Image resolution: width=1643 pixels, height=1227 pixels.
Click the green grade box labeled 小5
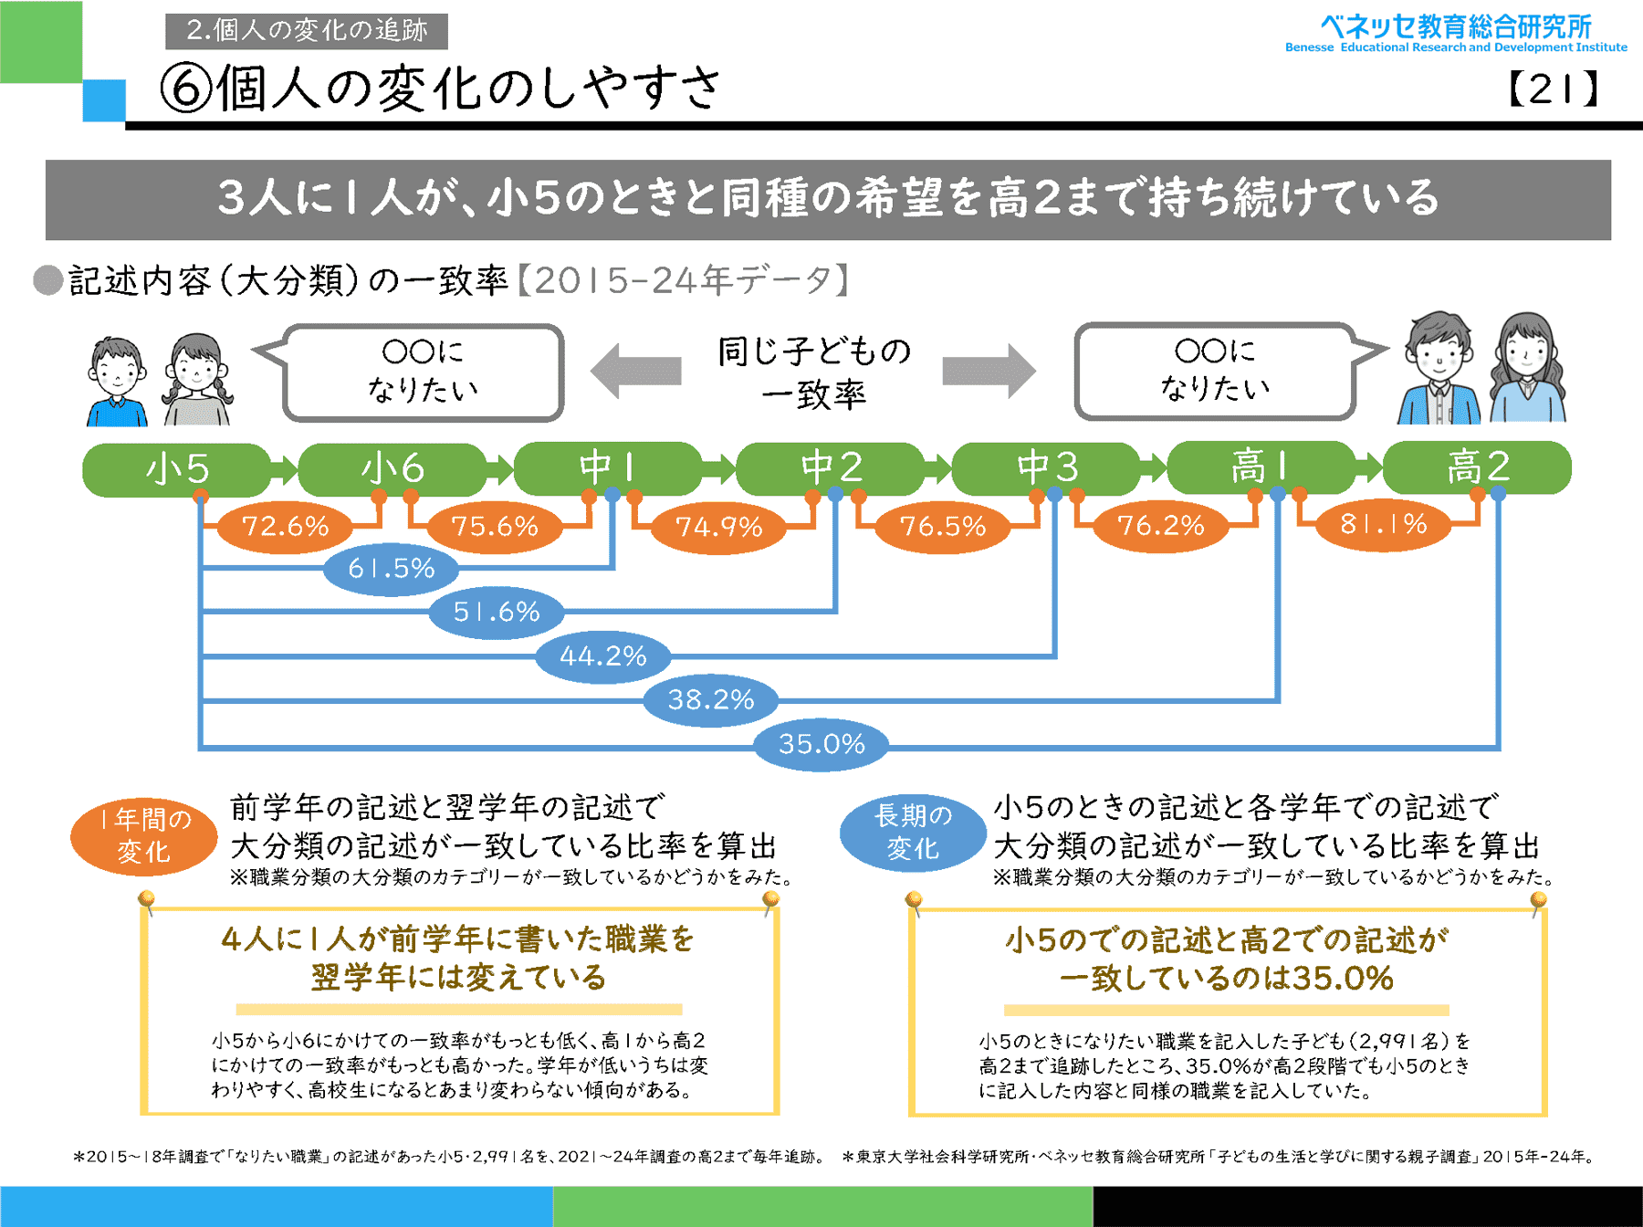177,469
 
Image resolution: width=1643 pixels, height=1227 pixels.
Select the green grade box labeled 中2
831,468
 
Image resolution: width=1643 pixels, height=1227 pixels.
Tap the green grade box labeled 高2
1477,467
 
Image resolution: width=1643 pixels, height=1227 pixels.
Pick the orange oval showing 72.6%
285,526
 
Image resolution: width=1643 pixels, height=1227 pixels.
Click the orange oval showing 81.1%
1383,524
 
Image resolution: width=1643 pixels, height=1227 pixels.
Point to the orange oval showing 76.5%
943,526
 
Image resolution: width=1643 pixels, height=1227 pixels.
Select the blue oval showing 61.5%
392,569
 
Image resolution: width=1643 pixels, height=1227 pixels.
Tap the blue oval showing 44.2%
602,655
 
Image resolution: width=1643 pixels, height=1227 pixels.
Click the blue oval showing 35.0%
821,744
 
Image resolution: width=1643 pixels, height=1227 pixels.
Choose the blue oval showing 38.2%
711,700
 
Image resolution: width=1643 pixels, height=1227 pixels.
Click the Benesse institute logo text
1456,33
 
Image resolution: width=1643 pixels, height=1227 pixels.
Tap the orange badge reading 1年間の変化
144,835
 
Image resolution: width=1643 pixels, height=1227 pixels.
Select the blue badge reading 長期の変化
913,833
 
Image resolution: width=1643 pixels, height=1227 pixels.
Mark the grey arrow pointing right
989,371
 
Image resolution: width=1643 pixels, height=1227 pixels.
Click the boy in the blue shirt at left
117,382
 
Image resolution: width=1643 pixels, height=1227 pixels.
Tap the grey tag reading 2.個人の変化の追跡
307,31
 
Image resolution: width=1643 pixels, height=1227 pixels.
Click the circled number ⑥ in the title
186,89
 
